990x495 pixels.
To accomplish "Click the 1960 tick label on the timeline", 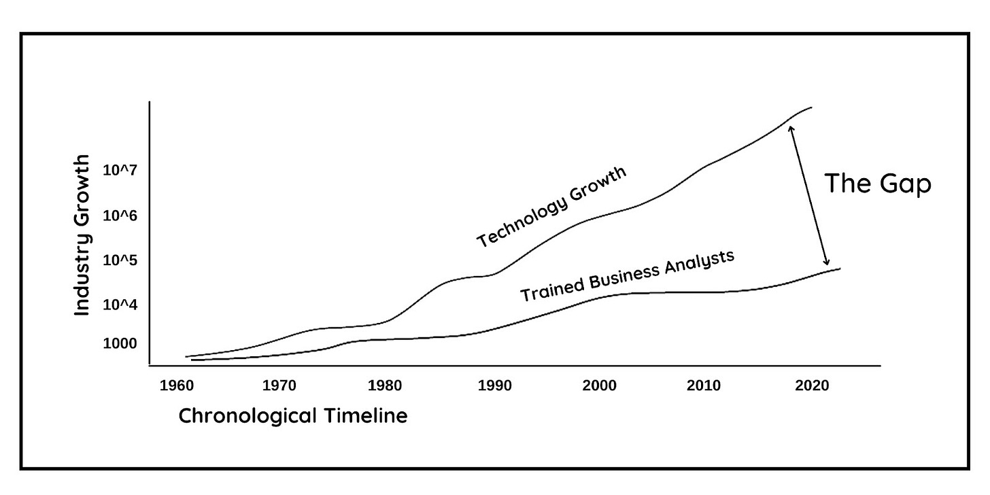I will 177,386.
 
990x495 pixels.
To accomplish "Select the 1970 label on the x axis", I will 279,386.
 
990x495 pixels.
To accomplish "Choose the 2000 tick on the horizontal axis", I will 599,386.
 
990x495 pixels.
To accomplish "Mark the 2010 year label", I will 704,386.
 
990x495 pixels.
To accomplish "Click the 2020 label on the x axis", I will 811,386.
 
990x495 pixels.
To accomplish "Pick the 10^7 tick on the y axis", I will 120,170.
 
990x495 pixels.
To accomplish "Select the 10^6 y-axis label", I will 120,216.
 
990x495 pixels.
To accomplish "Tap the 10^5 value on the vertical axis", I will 120,260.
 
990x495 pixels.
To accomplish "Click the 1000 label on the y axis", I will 120,344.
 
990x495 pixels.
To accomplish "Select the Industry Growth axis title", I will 82,235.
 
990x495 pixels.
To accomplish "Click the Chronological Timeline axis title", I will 293,415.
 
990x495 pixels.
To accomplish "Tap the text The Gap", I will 877,184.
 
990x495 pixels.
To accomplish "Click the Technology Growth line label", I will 551,207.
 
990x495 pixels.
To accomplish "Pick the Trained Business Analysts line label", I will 628,275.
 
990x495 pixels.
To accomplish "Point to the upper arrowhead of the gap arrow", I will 790,126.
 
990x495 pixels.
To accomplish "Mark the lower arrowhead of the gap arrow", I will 826,264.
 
